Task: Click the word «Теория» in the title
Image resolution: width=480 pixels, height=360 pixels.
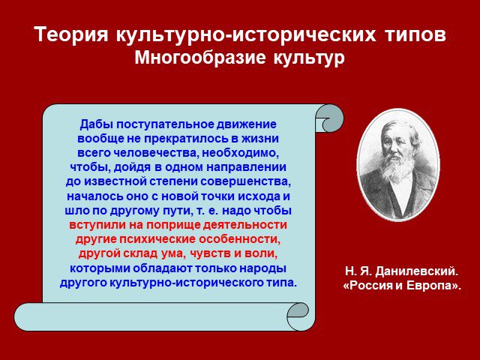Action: pos(71,34)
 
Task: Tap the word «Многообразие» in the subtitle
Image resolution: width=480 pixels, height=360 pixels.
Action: pos(200,57)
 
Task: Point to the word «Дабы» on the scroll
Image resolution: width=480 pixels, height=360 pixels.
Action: pos(95,124)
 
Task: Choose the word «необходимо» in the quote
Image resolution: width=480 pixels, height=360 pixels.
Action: pos(240,153)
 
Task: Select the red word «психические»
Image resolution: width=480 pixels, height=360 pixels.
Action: pos(157,239)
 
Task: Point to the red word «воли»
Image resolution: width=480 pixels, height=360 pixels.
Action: pos(262,253)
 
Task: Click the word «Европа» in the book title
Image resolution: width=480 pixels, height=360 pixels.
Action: pos(431,285)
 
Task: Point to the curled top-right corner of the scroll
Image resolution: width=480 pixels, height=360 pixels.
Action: pos(330,118)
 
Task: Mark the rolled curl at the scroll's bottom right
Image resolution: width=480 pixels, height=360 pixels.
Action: pos(298,315)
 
